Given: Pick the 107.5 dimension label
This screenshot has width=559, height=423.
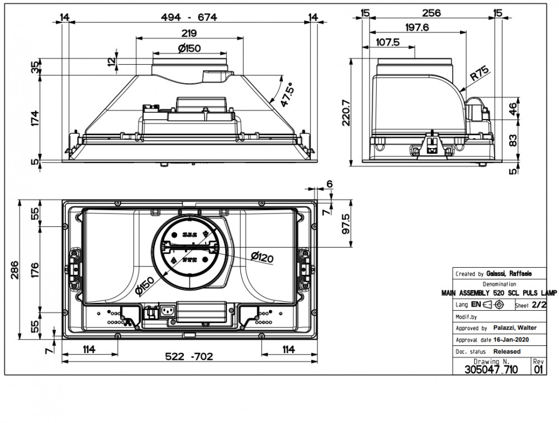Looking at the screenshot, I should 387,42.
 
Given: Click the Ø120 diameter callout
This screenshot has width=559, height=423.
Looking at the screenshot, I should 262,256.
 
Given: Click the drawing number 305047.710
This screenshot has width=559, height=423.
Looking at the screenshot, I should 491,369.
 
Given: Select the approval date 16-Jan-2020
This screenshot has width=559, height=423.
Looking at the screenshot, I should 511,339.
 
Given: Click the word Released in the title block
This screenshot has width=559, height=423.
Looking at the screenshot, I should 506,351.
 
